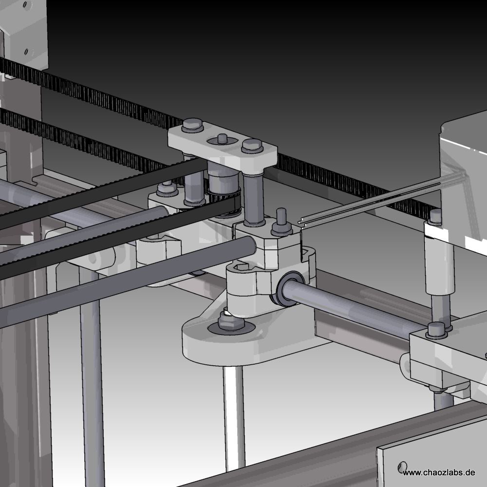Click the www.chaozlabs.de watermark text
439,473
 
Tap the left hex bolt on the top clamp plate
192,126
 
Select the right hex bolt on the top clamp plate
252,146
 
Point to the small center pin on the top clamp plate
223,139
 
